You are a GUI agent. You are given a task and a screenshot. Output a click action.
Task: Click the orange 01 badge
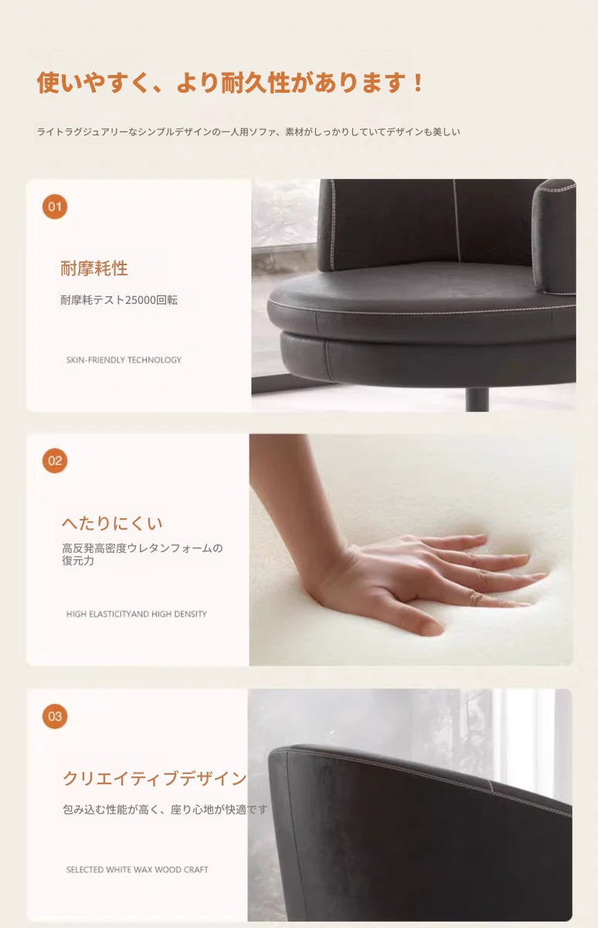click(55, 206)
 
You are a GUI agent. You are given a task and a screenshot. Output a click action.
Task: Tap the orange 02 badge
click(55, 461)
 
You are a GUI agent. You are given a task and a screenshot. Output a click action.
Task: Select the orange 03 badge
click(55, 716)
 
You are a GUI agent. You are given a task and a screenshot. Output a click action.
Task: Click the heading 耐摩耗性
click(94, 268)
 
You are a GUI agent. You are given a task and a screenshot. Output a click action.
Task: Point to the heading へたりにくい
click(112, 524)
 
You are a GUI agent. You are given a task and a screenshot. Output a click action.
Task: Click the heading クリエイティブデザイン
click(155, 779)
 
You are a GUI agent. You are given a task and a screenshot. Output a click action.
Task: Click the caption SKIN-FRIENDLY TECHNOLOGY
click(124, 360)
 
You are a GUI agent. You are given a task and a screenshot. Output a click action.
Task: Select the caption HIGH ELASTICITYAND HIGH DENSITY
click(136, 614)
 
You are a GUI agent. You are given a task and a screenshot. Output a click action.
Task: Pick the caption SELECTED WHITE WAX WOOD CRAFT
click(137, 869)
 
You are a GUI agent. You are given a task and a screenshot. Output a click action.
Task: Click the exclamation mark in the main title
click(419, 83)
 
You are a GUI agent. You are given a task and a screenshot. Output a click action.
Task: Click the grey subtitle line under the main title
click(248, 131)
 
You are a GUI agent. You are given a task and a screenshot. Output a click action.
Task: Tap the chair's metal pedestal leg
click(477, 399)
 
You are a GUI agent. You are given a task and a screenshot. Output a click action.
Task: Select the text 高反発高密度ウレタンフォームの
click(142, 548)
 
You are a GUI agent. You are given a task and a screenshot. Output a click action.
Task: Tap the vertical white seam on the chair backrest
click(457, 220)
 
